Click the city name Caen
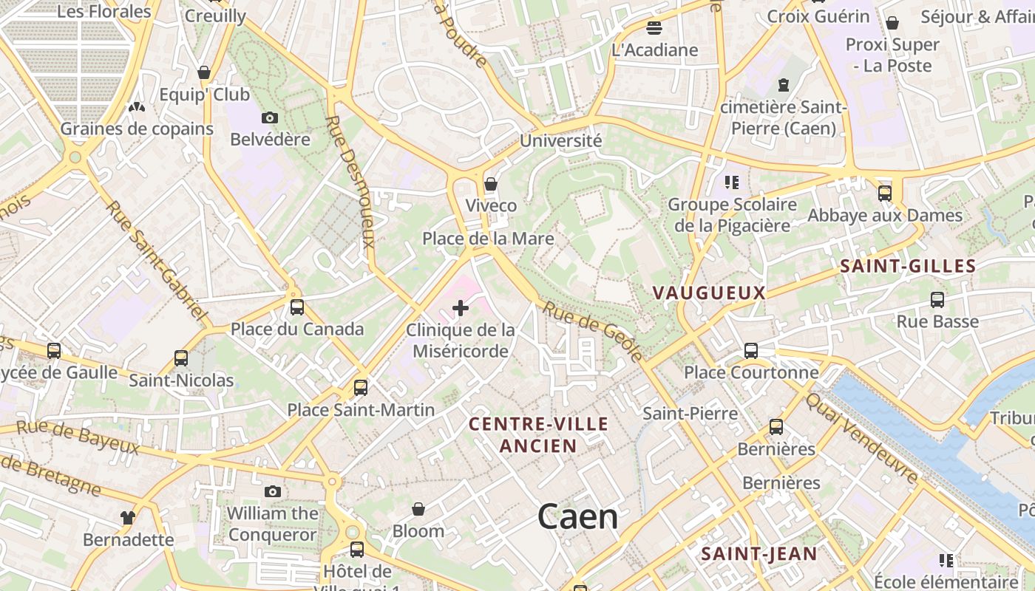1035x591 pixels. click(577, 516)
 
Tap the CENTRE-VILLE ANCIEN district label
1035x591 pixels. click(539, 434)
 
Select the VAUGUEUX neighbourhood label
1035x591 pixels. click(709, 293)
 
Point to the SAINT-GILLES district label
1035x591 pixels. click(908, 267)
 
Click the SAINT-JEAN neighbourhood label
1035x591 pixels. click(759, 554)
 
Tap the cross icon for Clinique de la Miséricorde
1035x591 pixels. click(461, 307)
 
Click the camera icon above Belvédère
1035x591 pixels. click(270, 117)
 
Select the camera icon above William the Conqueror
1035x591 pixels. click(273, 491)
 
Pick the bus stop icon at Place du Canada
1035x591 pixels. click(297, 307)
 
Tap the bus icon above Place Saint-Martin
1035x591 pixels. click(361, 387)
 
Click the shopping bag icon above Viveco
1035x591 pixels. click(491, 183)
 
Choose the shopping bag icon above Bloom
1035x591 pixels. click(418, 509)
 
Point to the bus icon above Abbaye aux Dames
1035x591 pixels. click(885, 194)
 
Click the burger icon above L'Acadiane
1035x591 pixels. click(654, 28)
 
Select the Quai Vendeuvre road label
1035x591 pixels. click(861, 438)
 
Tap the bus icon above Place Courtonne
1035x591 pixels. click(751, 350)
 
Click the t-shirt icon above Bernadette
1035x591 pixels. click(128, 517)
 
